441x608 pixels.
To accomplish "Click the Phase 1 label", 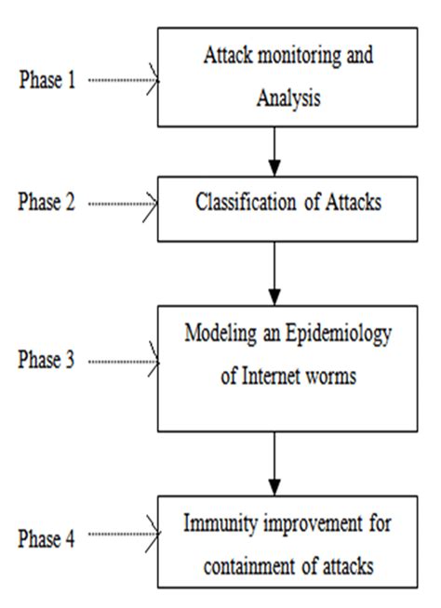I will click(47, 80).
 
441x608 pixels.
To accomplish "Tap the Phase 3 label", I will click(47, 361).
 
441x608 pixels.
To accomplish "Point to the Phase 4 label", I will click(47, 536).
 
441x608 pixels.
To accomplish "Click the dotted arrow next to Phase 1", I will click(124, 80).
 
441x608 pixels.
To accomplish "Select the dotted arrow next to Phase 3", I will click(124, 361).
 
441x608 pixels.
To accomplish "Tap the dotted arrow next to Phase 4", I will click(124, 536).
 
